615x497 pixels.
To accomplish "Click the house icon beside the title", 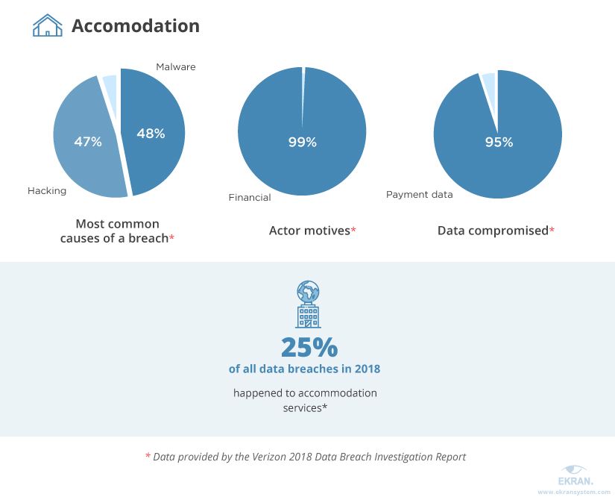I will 47,26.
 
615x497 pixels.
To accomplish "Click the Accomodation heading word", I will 136,26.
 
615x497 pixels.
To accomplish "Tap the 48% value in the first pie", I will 151,134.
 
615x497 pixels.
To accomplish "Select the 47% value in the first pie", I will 88,141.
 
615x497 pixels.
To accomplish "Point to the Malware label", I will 175,67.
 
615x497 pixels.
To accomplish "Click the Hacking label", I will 47,190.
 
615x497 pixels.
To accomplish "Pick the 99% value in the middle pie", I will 303,142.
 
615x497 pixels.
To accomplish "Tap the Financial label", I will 250,198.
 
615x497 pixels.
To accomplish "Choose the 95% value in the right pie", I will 498,142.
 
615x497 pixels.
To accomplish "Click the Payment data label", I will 419,195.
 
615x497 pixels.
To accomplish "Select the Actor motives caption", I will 309,231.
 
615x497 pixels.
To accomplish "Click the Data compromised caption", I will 492,231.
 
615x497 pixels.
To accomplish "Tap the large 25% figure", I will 309,347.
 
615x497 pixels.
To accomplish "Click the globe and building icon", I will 308,304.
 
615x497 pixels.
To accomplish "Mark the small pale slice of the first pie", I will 110,85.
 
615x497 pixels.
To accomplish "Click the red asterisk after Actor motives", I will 353,231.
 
